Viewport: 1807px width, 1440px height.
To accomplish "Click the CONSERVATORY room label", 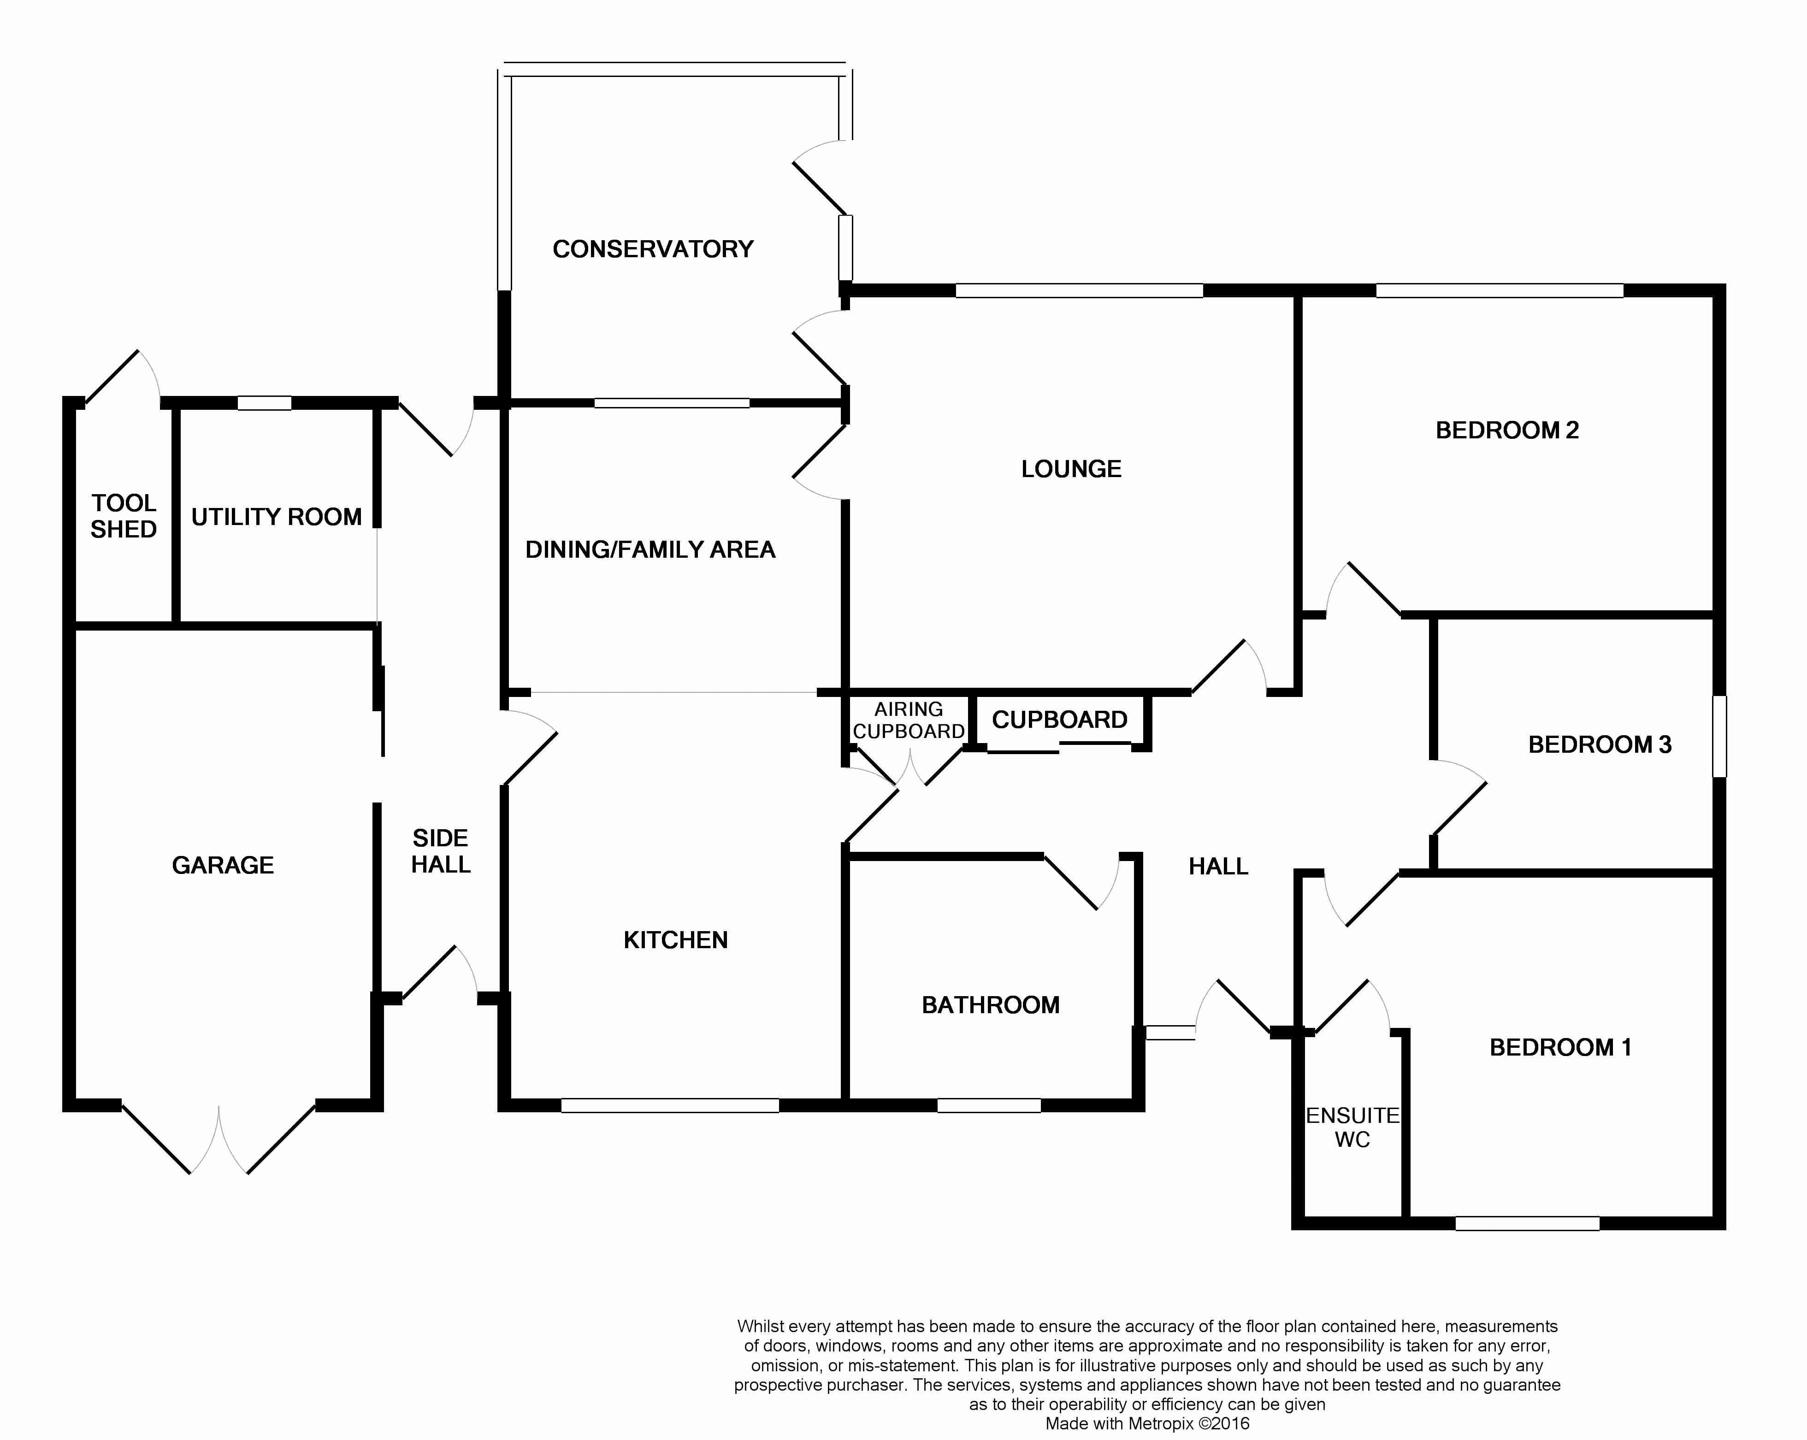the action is (x=653, y=249).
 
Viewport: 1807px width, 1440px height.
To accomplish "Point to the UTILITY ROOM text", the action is (x=277, y=517).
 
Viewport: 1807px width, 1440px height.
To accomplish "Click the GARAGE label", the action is (x=223, y=865).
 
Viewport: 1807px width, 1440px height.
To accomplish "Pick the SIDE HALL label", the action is (x=441, y=851).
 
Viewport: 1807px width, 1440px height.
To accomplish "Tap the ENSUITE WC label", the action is (x=1353, y=1127).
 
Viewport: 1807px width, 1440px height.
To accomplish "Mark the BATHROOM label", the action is (x=991, y=1005).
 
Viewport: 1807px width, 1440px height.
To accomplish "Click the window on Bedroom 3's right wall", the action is (x=1719, y=736).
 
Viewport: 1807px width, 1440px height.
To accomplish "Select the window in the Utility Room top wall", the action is (x=264, y=403).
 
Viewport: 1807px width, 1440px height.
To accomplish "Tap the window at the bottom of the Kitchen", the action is (x=670, y=1105).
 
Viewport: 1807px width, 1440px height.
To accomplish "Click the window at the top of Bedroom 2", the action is (x=1500, y=291).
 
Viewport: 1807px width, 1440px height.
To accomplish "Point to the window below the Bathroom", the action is (x=989, y=1105).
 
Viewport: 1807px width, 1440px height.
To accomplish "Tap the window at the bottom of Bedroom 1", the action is (x=1527, y=1224).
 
